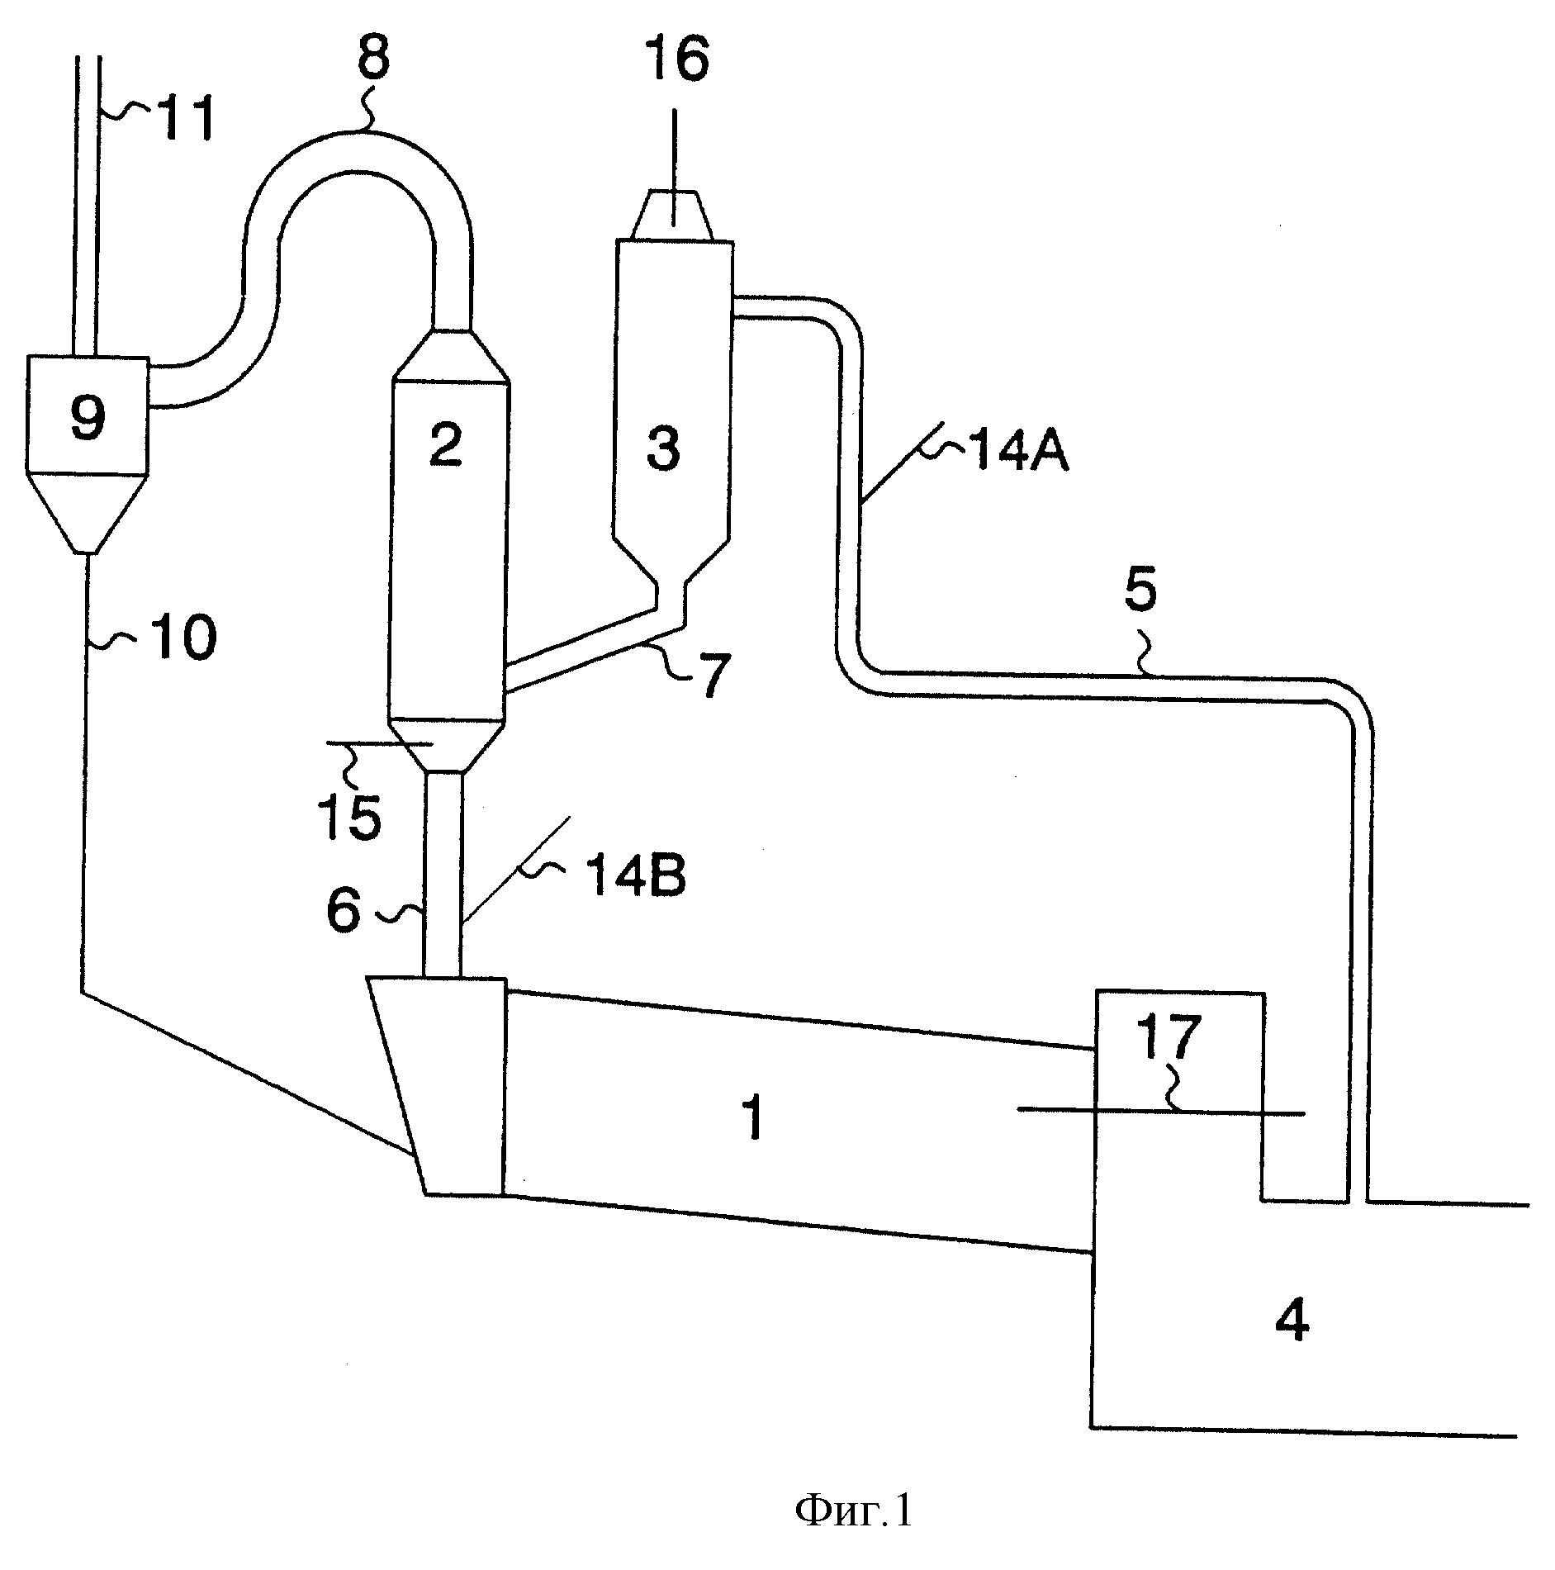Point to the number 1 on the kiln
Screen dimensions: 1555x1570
753,1118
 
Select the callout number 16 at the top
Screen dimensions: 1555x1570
676,59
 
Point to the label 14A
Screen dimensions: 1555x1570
1017,453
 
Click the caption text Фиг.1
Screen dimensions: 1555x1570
855,1511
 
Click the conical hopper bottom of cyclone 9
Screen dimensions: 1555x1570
88,513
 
